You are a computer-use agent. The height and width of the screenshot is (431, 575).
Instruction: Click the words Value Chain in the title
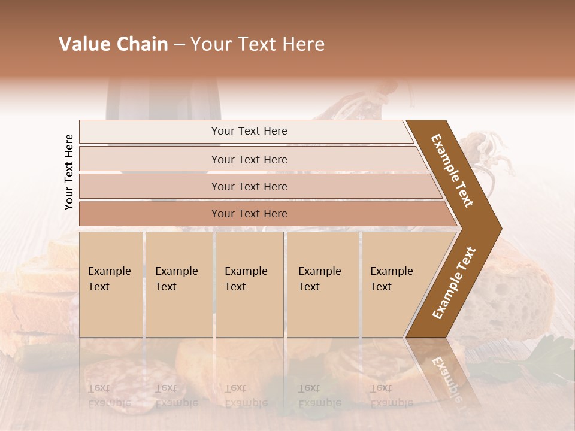click(113, 44)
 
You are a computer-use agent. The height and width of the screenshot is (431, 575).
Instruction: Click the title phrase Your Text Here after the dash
click(258, 44)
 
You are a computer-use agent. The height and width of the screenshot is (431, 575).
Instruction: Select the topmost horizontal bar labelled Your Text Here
click(249, 131)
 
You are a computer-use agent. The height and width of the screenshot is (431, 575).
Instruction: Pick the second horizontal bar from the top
click(249, 159)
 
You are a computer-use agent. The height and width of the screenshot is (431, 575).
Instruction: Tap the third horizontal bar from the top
click(249, 186)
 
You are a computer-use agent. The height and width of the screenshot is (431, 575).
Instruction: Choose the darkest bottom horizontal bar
click(249, 214)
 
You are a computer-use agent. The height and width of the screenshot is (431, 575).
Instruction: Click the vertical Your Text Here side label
click(69, 172)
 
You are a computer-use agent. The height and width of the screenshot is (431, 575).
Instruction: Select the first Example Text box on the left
click(111, 284)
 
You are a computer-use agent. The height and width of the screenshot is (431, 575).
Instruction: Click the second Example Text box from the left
click(178, 284)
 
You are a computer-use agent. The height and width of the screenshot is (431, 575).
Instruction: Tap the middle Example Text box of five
click(249, 284)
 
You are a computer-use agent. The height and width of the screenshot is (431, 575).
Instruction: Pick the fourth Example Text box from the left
click(323, 284)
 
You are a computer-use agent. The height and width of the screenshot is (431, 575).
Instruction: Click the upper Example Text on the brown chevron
click(453, 170)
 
